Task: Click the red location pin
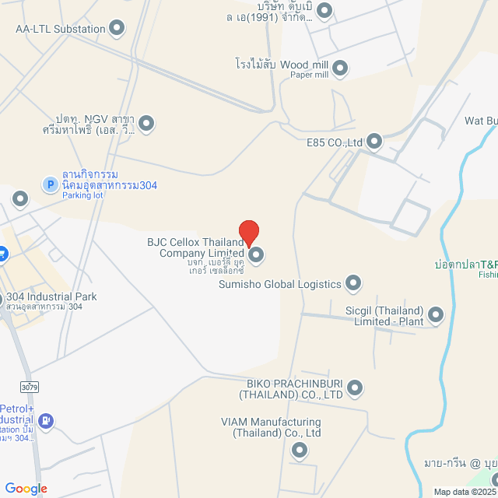point(248,232)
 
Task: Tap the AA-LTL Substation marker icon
point(117,30)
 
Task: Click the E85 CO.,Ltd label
point(335,142)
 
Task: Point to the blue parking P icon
point(49,184)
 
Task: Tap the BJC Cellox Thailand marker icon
point(255,254)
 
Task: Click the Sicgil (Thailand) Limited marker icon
point(436,315)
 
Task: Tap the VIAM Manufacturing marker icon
point(300,451)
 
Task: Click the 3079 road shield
point(30,386)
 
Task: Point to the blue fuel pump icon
point(46,421)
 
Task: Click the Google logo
point(26,488)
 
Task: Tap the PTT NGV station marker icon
point(146,123)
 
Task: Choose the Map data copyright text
point(465,492)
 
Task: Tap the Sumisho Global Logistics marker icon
point(353,282)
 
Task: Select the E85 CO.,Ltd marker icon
point(374,142)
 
